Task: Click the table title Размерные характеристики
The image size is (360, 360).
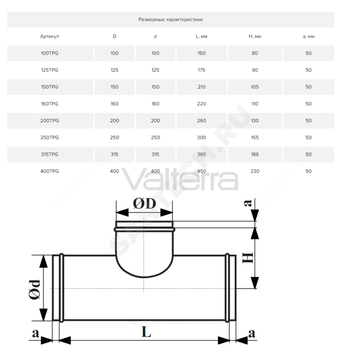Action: coord(170,19)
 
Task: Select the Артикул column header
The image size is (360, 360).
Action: coord(50,36)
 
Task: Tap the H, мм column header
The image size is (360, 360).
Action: coord(255,36)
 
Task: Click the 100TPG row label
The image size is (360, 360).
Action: coord(50,53)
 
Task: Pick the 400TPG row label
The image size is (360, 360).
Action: coord(50,171)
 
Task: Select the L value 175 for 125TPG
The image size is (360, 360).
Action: coord(201,70)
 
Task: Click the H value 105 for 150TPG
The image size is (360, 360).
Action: coord(255,87)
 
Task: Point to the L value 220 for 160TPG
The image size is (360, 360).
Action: coord(201,104)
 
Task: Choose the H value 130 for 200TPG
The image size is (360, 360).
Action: coord(255,121)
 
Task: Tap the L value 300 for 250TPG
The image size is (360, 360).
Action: coord(201,137)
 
